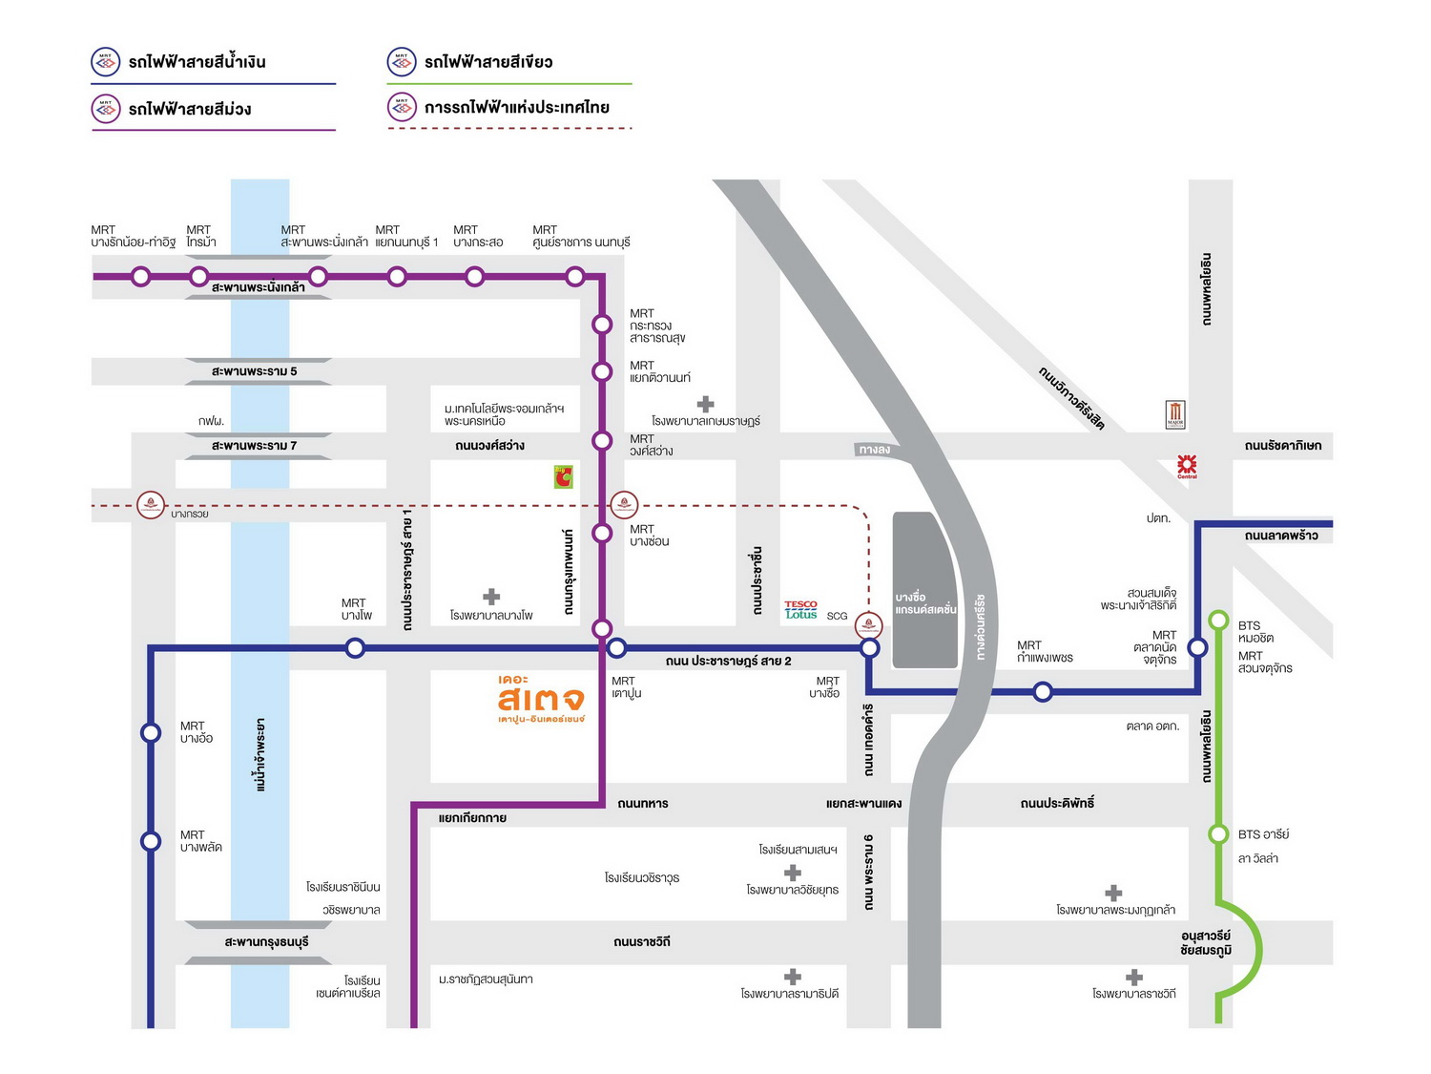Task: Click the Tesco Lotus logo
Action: tap(800, 610)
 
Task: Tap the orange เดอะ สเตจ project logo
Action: tap(541, 700)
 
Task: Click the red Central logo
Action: tap(1187, 466)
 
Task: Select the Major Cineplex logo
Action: tap(1175, 414)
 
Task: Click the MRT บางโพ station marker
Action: tap(355, 648)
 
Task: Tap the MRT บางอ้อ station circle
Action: tap(151, 732)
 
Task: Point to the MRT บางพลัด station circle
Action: tap(151, 841)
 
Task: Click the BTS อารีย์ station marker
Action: tap(1218, 834)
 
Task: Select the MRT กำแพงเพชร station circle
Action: tap(1043, 691)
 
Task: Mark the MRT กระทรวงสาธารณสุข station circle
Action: tap(602, 325)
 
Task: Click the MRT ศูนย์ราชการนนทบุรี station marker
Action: tap(574, 277)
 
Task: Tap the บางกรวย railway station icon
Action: tap(151, 504)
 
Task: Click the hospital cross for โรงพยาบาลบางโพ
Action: tap(491, 597)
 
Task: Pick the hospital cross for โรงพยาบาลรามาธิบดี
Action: tap(792, 977)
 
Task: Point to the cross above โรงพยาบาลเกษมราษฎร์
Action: tap(706, 404)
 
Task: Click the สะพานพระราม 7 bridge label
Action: tap(254, 446)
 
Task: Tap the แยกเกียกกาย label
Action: tap(472, 818)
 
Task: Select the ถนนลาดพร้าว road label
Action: tap(1281, 536)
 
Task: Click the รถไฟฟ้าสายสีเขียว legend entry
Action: tap(487, 63)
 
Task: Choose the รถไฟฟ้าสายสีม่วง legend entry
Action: tap(189, 109)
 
